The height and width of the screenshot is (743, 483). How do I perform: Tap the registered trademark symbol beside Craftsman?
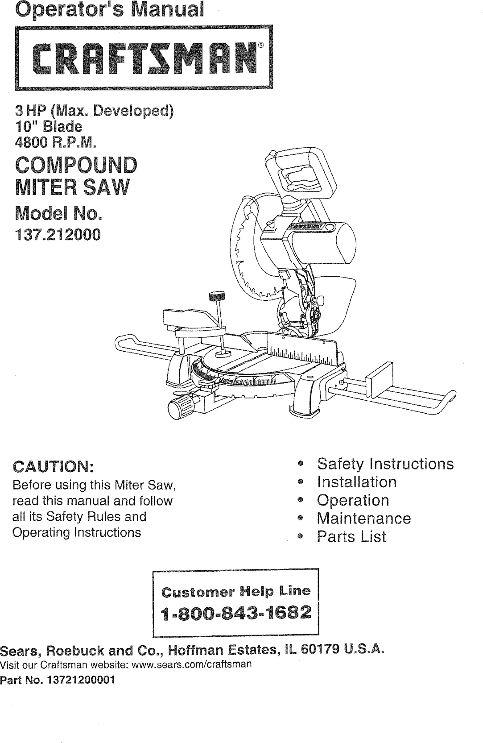[x=260, y=45]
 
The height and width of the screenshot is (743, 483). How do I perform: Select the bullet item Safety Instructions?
[x=385, y=464]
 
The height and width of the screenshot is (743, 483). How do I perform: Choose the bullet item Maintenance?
[x=363, y=519]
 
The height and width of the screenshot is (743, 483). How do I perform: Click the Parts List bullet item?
[x=351, y=537]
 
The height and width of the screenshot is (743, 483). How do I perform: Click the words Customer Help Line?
[x=236, y=592]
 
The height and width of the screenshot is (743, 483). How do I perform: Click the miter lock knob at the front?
[x=180, y=406]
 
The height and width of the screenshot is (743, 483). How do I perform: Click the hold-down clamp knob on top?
[x=217, y=296]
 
